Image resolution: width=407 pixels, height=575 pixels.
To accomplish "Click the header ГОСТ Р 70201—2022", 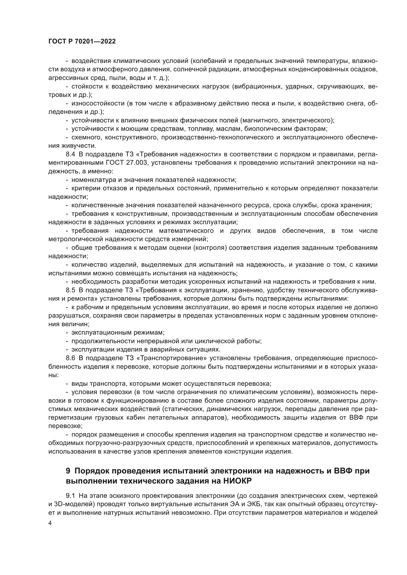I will [x=82, y=41].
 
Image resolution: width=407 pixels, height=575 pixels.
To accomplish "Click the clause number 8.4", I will [x=70, y=154].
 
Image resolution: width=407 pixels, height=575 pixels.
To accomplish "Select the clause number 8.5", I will [x=70, y=290].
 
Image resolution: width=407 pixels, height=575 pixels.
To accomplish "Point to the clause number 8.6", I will [x=70, y=358].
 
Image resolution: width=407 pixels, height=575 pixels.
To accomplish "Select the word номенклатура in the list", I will [x=91, y=180].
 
